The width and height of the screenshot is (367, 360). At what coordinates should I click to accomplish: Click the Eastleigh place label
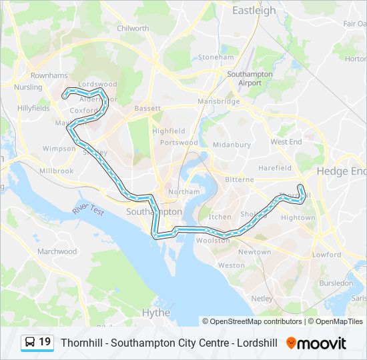[x=254, y=11]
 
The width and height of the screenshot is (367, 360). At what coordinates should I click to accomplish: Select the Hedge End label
[x=340, y=171]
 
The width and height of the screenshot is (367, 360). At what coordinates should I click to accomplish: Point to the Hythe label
[x=156, y=312]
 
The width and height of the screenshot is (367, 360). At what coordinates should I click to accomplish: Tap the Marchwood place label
[x=57, y=252]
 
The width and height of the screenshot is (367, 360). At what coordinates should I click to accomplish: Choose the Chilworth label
[x=133, y=29]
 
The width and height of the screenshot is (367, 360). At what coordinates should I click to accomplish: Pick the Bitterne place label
[x=239, y=179]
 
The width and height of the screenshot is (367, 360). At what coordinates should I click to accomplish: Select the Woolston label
[x=213, y=241]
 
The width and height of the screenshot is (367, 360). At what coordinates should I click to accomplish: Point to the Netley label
[x=262, y=298]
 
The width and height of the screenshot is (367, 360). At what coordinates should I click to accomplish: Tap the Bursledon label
[x=336, y=283]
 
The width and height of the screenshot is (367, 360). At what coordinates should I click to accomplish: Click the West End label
[x=286, y=142]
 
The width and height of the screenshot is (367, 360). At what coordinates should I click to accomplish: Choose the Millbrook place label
[x=56, y=171]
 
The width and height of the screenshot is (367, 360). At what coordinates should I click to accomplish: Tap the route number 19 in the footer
[x=45, y=342]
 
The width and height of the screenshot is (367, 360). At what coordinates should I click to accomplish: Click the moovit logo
[x=316, y=343]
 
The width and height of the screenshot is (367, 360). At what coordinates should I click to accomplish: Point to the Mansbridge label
[x=218, y=102]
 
